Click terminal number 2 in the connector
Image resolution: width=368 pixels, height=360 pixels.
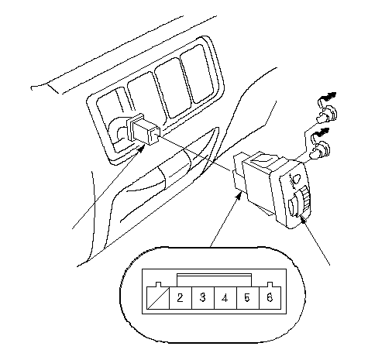pos(181,297)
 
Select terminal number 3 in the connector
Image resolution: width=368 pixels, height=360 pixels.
pos(203,297)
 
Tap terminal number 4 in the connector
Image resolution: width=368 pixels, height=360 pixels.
pos(225,297)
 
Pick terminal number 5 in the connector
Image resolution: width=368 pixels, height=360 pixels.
pos(248,297)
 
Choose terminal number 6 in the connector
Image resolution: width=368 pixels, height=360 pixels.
pos(270,297)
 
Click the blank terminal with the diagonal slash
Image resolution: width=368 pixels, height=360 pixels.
pos(158,297)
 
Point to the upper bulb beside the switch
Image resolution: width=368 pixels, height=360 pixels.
pos(326,115)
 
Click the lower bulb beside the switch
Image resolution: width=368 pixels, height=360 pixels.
pos(320,150)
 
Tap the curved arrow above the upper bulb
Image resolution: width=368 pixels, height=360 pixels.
pos(327,98)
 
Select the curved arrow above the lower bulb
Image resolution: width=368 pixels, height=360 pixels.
pos(321,134)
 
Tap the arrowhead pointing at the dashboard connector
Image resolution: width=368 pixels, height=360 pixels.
pos(140,149)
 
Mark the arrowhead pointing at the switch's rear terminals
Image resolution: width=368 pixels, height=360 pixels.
pos(239,197)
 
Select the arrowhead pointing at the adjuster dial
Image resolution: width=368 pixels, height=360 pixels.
pos(303,218)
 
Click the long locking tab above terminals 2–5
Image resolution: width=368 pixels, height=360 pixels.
pos(214,280)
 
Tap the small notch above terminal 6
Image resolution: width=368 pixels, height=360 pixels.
pos(270,284)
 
